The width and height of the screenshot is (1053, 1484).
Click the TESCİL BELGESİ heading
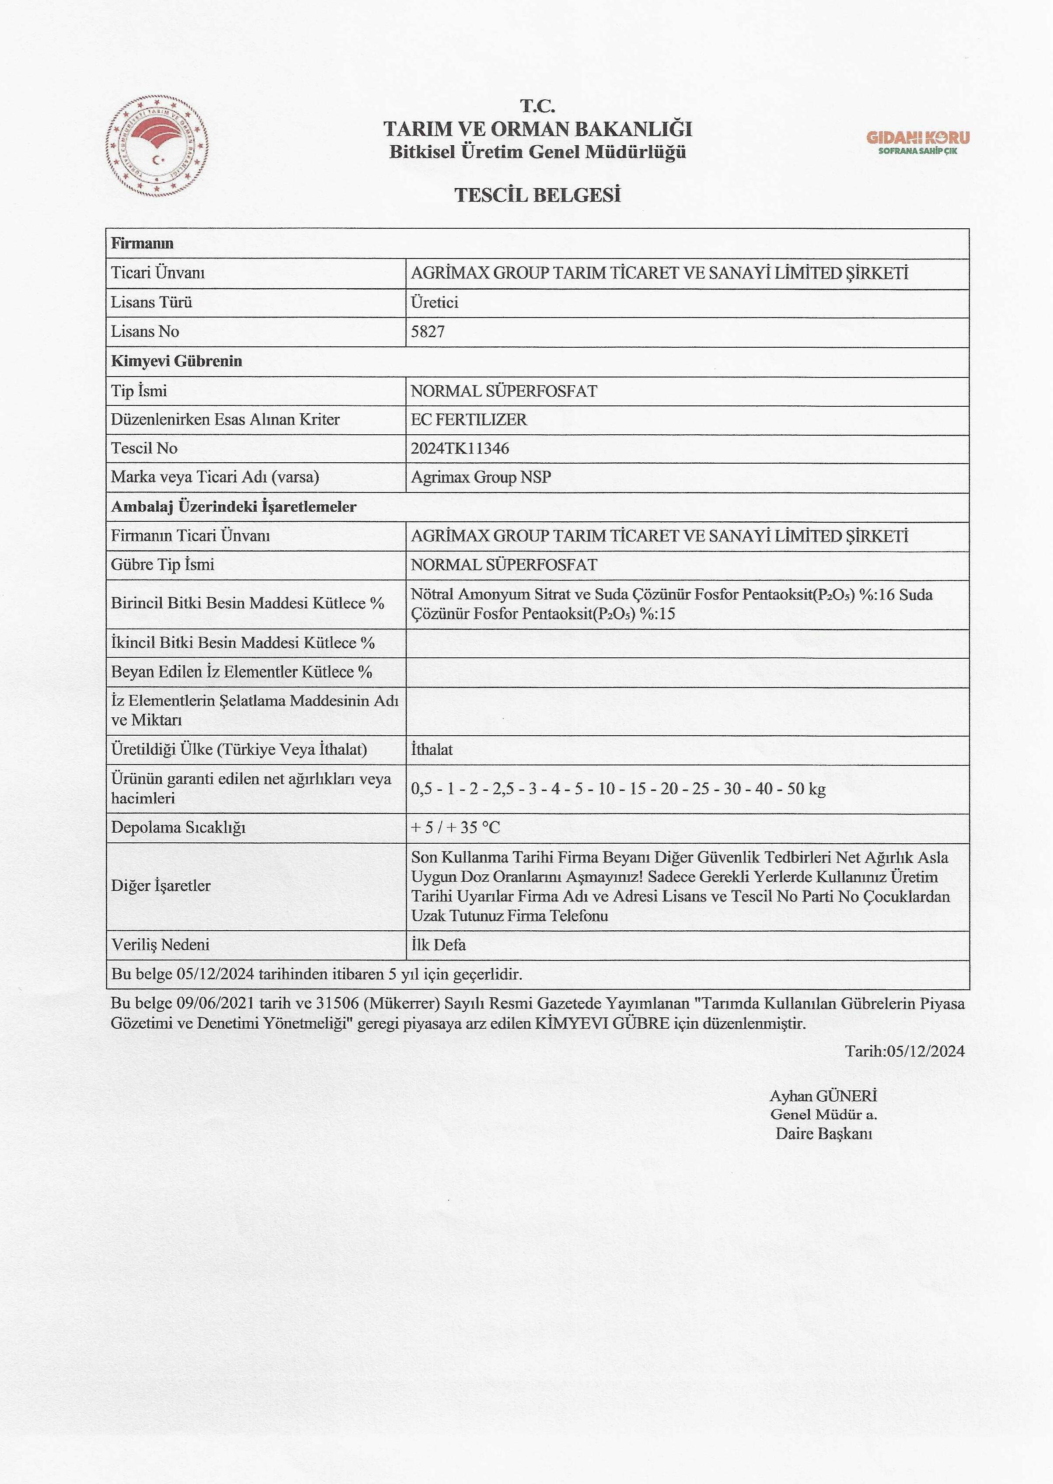(x=537, y=195)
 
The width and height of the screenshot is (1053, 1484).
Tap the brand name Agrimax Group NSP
(x=481, y=477)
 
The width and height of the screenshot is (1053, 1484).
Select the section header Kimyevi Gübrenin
(x=176, y=361)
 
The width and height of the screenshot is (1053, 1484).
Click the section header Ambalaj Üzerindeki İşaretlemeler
(x=234, y=506)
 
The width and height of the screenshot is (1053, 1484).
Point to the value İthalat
(x=432, y=750)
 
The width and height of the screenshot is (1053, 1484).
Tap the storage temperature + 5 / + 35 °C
(x=455, y=827)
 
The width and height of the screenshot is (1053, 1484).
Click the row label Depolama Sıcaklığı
(x=178, y=827)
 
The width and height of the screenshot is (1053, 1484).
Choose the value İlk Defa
(x=438, y=945)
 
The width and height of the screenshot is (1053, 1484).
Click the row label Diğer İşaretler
(x=161, y=886)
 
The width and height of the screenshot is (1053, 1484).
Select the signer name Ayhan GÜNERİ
(x=823, y=1096)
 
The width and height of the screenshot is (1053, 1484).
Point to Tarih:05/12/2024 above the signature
(x=904, y=1050)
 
